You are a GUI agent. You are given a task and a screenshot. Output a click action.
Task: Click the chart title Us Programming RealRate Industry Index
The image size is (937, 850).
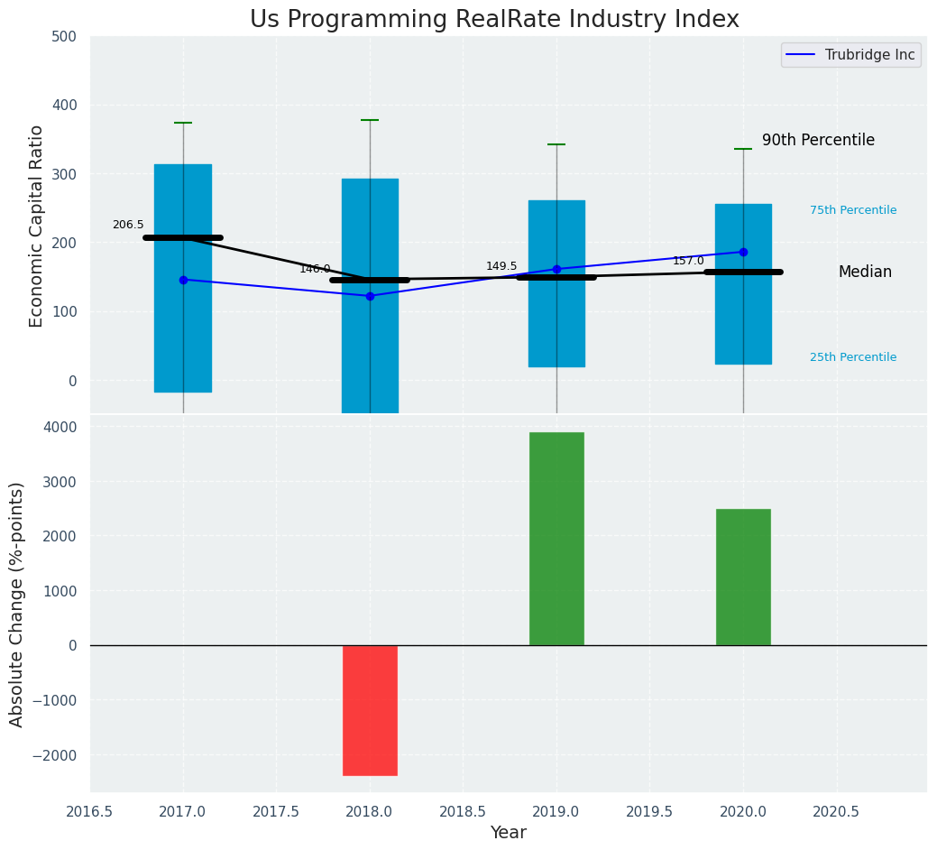coord(494,20)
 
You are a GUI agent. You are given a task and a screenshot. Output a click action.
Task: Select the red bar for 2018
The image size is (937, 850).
coord(370,710)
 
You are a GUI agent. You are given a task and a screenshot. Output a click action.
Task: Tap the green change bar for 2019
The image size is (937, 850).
coord(556,539)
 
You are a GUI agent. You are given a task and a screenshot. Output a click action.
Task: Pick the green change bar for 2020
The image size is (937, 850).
coord(743,577)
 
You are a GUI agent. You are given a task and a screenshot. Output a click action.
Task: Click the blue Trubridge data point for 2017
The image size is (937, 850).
coord(183,280)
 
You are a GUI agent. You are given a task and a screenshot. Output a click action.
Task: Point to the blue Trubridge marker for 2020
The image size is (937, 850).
coord(743,252)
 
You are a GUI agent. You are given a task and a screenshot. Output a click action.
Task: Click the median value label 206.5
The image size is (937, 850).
coord(128,225)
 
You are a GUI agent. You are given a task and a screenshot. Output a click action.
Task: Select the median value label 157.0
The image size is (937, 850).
coord(688,261)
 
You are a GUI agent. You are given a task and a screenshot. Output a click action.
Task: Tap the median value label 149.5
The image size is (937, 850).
coord(501,266)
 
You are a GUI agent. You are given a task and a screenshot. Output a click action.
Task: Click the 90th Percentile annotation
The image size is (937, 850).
coord(818,140)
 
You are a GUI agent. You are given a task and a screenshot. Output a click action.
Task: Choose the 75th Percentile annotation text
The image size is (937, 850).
coord(853,210)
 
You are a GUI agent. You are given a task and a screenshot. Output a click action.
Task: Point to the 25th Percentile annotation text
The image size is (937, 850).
coord(853,357)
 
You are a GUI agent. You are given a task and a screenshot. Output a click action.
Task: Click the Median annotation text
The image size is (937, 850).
coord(865,272)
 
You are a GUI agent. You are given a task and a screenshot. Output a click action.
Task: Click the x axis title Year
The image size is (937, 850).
coord(508,833)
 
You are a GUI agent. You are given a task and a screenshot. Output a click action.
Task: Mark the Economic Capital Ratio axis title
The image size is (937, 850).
coord(37,226)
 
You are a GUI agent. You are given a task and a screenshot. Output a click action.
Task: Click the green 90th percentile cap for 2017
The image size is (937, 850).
coord(183,123)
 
